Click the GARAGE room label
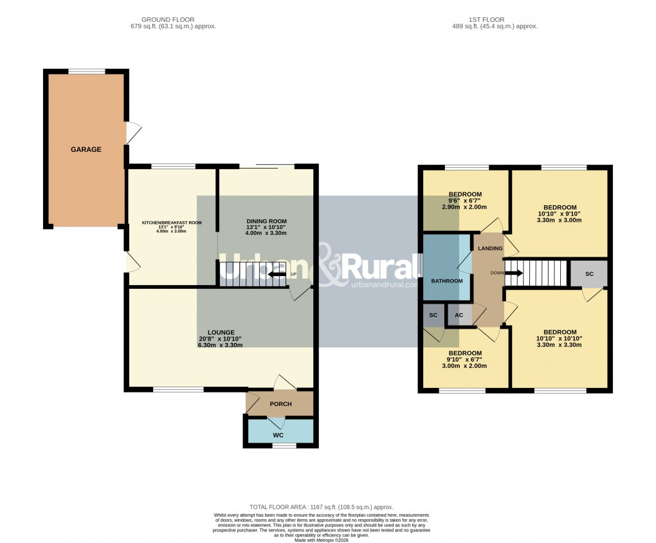click(86, 149)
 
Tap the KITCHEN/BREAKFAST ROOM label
click(172, 223)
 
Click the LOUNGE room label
click(221, 333)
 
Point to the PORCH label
click(280, 404)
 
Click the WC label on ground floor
click(278, 435)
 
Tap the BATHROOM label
click(446, 281)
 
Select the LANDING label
click(489, 248)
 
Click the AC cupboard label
click(459, 315)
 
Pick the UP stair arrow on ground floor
click(277, 275)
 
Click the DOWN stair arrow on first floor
click(515, 273)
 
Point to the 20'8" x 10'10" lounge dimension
click(221, 339)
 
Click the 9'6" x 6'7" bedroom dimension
click(465, 201)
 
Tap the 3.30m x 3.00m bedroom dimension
click(559, 219)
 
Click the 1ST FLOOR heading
click(494, 20)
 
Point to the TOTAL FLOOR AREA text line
click(321, 507)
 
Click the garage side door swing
click(133, 133)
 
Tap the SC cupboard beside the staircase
click(589, 273)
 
